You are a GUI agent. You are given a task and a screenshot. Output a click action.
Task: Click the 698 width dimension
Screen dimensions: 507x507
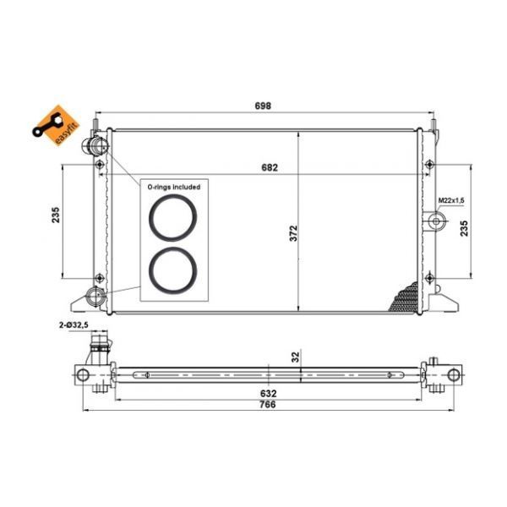[x=263, y=106]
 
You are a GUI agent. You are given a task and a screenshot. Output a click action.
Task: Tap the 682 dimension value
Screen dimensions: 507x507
[x=270, y=167]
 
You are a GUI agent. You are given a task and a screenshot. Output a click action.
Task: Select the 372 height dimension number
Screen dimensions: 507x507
[x=293, y=233]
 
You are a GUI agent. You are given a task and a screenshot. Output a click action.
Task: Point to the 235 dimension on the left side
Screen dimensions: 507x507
[x=56, y=215]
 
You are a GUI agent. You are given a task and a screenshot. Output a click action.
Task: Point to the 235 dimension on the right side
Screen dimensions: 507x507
[x=464, y=228]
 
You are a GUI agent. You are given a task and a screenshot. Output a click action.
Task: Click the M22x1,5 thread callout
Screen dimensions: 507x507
[x=451, y=200]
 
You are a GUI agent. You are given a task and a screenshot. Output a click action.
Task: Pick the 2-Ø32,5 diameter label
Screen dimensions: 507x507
[x=74, y=325]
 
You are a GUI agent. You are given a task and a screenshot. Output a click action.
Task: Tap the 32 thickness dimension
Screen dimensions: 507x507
[x=296, y=357]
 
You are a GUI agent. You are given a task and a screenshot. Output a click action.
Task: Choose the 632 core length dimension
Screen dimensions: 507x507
[x=269, y=393]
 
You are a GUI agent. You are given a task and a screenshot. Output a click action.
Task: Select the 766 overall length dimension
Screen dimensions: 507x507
[x=268, y=405]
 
